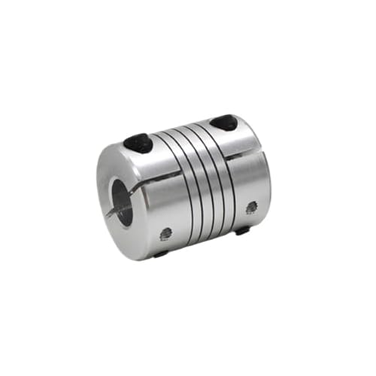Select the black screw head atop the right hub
tap(222, 122)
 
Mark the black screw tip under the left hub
tap(160, 255)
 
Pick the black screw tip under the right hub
tap(243, 230)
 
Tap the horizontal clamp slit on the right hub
tap(248, 158)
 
